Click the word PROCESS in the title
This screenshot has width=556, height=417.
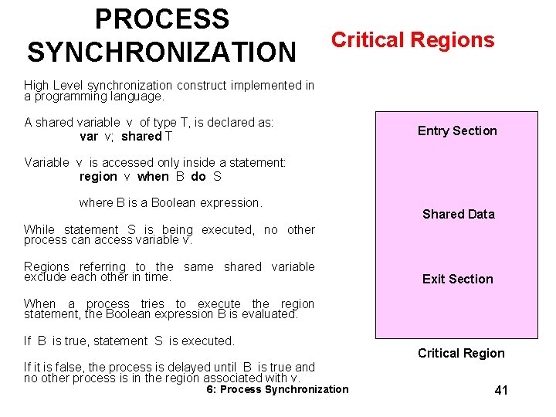coord(161,19)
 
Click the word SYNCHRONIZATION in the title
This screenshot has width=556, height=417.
coord(161,52)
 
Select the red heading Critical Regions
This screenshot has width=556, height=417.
coord(412,40)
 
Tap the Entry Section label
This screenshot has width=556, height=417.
coord(457,131)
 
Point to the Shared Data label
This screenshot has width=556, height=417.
coord(458,214)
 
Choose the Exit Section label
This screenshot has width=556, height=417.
coord(457,279)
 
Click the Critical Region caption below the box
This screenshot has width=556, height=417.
coord(461,353)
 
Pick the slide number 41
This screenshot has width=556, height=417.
coord(501,391)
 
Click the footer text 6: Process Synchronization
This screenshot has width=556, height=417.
coord(277,389)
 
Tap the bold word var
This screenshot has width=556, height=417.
coord(89,137)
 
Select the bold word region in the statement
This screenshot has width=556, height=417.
coord(98,176)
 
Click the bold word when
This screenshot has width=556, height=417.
coord(152,176)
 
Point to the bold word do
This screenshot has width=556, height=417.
coord(198,176)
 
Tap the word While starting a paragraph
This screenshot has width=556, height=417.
coord(39,229)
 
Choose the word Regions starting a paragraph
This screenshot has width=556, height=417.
coord(46,266)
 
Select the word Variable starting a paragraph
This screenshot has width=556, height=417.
coord(46,162)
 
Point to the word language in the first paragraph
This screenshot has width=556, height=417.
coord(139,97)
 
